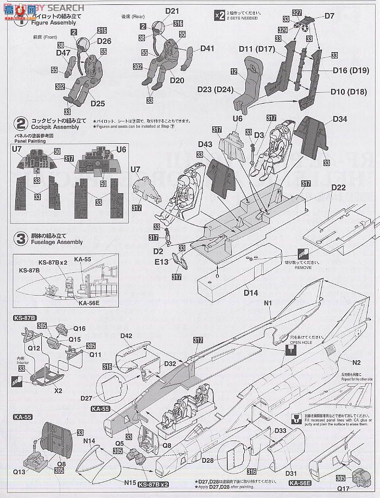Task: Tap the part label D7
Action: pos(330,16)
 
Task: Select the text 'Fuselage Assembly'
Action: pos(57,242)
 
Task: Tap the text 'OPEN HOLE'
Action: pos(302,342)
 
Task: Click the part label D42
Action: pos(126,336)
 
